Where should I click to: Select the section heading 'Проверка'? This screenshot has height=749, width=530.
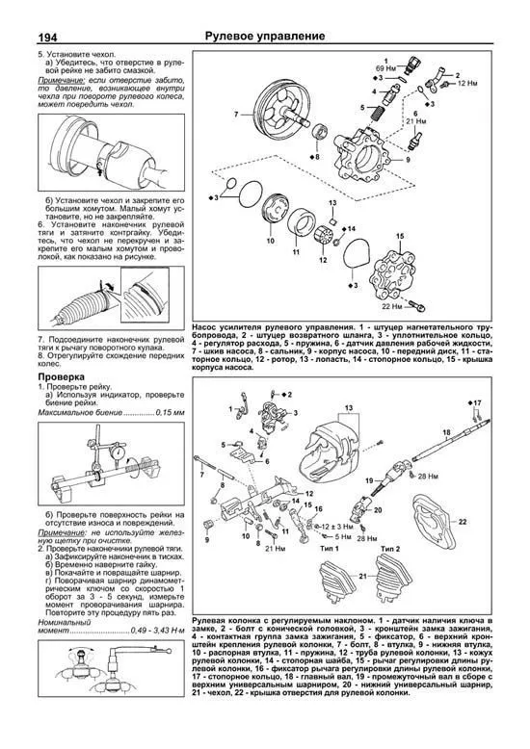tap(65, 378)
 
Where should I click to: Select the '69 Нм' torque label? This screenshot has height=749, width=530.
tap(384, 71)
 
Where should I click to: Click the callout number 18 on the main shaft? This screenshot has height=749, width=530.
tap(445, 432)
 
